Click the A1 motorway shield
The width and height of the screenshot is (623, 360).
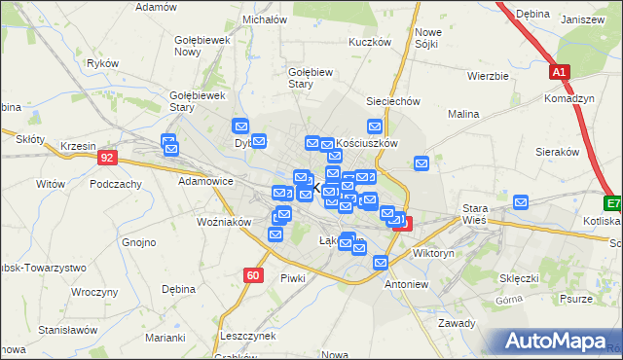tap(558, 72)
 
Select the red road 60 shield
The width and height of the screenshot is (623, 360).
tap(253, 275)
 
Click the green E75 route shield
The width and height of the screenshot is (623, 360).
tap(613, 204)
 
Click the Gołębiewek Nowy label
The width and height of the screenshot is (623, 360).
tap(201, 45)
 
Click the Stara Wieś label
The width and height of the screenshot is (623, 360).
tap(474, 214)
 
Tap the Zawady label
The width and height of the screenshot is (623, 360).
tap(456, 323)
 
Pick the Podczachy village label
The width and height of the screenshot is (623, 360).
tap(116, 183)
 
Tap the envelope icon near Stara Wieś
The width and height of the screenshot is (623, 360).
tap(521, 202)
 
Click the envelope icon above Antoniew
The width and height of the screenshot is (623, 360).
tap(381, 263)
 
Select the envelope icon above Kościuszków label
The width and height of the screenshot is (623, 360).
tap(374, 126)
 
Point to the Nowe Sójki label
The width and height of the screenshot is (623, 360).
tap(428, 38)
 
